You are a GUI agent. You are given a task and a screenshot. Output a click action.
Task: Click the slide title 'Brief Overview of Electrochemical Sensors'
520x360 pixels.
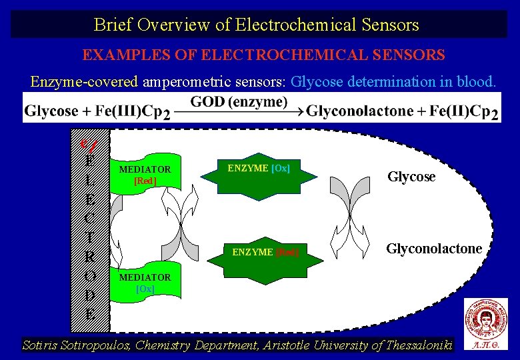click(257, 25)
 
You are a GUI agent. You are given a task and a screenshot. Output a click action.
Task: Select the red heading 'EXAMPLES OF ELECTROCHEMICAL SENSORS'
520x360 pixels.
click(263, 55)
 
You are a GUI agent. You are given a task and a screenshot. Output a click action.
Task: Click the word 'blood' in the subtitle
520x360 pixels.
click(475, 82)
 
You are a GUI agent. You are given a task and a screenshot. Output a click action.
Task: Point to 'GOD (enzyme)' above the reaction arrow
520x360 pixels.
click(239, 102)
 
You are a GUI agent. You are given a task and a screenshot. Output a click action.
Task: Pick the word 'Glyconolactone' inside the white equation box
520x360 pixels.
click(359, 111)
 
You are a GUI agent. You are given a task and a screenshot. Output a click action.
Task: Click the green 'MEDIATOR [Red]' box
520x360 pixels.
click(144, 175)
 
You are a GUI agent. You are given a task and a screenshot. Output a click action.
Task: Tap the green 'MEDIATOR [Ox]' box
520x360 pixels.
click(144, 283)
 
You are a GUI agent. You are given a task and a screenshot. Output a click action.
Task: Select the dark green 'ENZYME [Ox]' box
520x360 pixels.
click(259, 169)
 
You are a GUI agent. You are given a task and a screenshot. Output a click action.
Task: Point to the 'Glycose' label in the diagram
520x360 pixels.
click(411, 177)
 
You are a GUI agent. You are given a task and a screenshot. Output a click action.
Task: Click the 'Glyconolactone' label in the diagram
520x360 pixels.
click(434, 249)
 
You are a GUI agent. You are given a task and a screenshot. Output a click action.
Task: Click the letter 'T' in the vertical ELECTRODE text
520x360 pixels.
click(89, 237)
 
